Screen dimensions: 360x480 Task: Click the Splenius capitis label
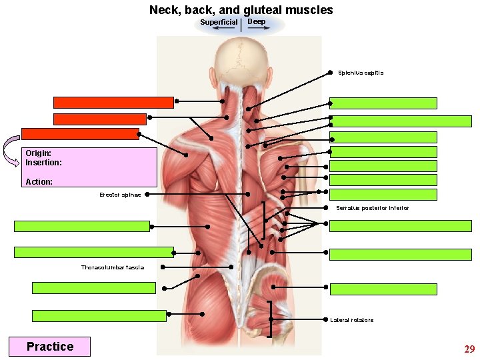pos(360,73)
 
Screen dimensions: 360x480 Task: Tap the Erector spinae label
pos(120,195)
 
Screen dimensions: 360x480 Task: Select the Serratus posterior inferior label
pos(372,209)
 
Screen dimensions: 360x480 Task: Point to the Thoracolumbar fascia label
pos(112,267)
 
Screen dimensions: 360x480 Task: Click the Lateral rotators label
pos(351,320)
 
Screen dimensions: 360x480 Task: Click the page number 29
pos(469,349)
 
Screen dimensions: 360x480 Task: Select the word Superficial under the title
pos(219,23)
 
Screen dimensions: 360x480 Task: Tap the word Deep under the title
pos(257,22)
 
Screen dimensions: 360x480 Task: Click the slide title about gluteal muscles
pos(241,9)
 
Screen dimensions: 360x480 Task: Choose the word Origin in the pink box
pos(38,153)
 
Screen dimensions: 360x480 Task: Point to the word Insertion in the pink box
pos(43,163)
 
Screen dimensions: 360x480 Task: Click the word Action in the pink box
pos(39,181)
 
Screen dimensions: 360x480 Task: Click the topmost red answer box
pos(113,103)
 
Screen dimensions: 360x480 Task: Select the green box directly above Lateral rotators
pos(383,289)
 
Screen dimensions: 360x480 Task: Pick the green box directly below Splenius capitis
pos(383,103)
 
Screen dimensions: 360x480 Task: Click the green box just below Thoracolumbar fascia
pos(94,288)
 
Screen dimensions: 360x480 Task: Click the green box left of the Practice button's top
pos(99,316)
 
